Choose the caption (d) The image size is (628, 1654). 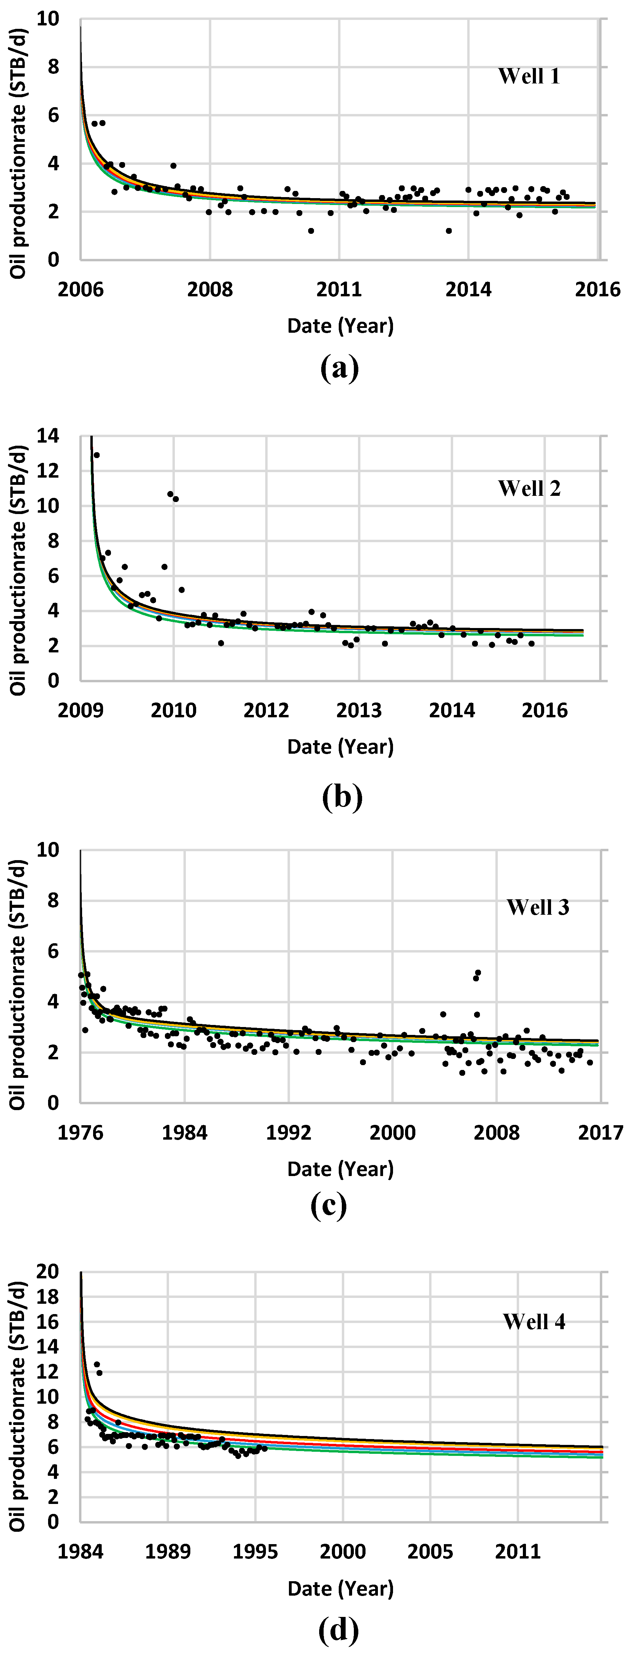[x=338, y=1629]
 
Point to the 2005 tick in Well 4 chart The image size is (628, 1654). [x=430, y=1552]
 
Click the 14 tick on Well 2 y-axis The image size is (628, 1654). [x=48, y=436]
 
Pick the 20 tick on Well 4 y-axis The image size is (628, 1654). [x=48, y=1272]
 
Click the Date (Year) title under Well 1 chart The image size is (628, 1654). [x=340, y=326]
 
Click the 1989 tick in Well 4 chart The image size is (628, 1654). [x=168, y=1552]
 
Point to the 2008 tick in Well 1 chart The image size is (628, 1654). [x=210, y=289]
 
